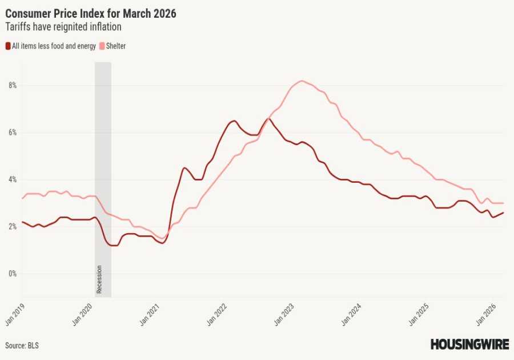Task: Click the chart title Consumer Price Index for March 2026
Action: [91, 13]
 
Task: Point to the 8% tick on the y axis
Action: [12, 86]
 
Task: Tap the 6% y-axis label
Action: [12, 133]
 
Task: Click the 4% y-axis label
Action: [12, 179]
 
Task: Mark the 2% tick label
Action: [12, 227]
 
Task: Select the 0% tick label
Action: [12, 274]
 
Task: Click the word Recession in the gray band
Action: [99, 279]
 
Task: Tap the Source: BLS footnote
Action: [22, 346]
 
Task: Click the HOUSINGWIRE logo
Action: [468, 345]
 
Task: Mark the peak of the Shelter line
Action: [302, 81]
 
